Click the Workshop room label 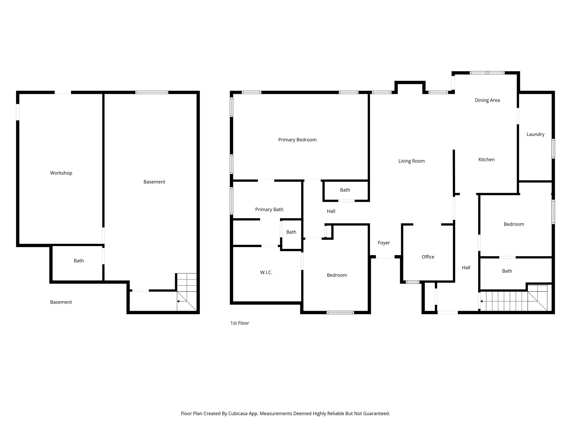tap(61, 173)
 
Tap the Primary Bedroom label tap(297, 140)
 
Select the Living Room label tap(411, 161)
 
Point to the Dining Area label tap(487, 100)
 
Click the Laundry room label tap(535, 134)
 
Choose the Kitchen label tap(486, 160)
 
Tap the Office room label tap(428, 257)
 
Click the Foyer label tap(384, 243)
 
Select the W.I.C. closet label tap(266, 273)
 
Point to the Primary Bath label tap(269, 210)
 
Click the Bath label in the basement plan tap(79, 261)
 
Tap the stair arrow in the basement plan tap(178, 301)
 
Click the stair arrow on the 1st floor tap(482, 301)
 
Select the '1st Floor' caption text tap(239, 323)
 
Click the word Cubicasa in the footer tap(238, 414)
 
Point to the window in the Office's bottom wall tap(413, 282)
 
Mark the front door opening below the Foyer tap(385, 257)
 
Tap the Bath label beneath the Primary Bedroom tap(345, 190)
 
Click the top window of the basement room tap(152, 93)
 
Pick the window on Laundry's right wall tap(553, 149)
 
